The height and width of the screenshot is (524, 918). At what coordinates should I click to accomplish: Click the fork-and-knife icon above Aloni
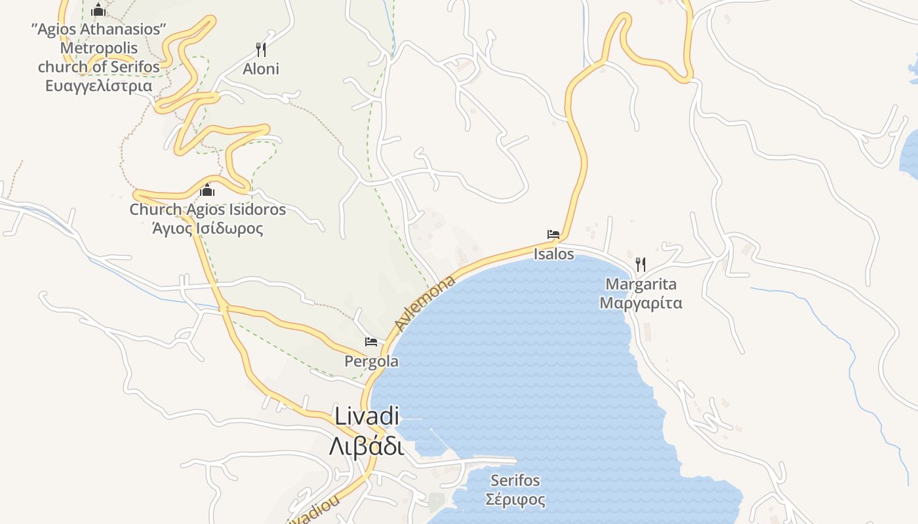click(261, 50)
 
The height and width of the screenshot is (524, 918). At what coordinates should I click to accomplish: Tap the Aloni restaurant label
click(261, 69)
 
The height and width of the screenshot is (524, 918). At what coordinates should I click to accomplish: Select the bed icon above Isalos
click(553, 234)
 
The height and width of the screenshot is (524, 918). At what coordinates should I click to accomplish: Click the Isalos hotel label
click(553, 254)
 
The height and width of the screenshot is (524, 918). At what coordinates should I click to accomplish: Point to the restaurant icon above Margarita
click(641, 265)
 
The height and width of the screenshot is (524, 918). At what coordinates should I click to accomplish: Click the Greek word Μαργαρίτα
click(641, 303)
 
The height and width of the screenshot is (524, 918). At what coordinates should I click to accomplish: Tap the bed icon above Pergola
click(371, 342)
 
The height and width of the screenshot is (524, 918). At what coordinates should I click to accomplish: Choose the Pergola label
click(371, 362)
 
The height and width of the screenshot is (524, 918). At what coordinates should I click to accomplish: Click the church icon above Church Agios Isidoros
click(207, 191)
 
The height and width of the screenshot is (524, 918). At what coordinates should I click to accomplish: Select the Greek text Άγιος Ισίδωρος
click(207, 229)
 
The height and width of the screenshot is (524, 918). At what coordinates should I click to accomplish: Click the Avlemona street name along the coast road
click(424, 304)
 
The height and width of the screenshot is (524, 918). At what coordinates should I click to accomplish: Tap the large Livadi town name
click(367, 416)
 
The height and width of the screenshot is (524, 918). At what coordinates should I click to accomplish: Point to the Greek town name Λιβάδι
click(367, 447)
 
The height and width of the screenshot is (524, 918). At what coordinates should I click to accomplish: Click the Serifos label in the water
click(515, 481)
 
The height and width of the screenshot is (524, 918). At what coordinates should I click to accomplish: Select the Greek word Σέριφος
click(515, 500)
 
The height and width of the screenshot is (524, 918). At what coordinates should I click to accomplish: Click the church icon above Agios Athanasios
click(98, 10)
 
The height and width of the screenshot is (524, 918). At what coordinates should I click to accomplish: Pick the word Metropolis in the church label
click(98, 48)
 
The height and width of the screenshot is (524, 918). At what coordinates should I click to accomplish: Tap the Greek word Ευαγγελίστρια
click(98, 86)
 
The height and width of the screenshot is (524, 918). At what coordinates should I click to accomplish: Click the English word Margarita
click(641, 284)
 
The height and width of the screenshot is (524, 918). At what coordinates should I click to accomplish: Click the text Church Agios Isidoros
click(207, 210)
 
